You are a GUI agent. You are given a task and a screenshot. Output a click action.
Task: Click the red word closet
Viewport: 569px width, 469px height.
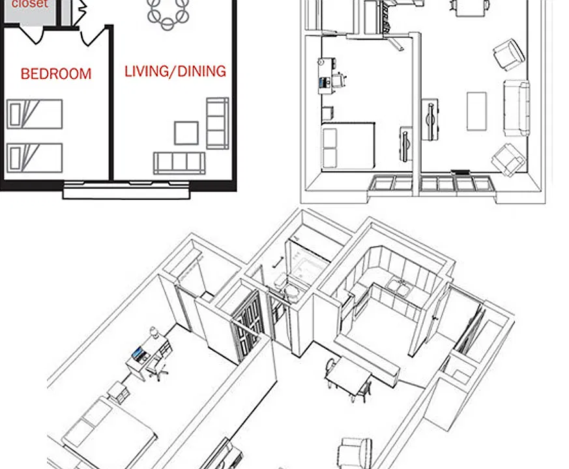(30, 4)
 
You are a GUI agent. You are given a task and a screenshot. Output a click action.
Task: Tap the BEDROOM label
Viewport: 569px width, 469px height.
(56, 74)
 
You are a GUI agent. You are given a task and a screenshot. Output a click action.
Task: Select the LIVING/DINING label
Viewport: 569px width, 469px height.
(175, 72)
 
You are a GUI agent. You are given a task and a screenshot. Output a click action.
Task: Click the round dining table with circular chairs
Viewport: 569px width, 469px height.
(168, 12)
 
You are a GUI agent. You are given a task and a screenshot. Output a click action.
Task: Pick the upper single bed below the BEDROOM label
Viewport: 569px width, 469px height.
(35, 114)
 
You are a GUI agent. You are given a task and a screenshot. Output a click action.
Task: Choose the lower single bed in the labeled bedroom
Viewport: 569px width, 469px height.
(35, 158)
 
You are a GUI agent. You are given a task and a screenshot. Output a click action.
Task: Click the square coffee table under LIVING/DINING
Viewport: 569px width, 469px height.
(186, 133)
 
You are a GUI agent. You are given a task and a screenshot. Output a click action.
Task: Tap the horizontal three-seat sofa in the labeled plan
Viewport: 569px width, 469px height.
(179, 163)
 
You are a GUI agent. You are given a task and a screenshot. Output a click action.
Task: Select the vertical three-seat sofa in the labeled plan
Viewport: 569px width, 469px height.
(217, 123)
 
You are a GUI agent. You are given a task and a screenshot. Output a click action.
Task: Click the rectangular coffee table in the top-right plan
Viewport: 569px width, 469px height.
(476, 111)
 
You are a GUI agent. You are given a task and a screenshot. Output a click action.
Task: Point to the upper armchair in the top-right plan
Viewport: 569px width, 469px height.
(509, 55)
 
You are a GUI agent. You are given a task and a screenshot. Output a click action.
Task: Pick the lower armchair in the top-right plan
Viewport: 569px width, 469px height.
(508, 160)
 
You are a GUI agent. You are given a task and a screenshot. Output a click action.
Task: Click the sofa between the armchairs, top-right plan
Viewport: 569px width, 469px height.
(516, 108)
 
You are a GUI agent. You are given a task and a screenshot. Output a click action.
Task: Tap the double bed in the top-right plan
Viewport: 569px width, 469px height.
(348, 146)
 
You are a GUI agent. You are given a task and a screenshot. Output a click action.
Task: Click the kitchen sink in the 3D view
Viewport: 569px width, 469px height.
(399, 287)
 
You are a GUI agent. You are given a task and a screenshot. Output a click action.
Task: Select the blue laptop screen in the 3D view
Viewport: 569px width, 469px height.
(138, 353)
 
